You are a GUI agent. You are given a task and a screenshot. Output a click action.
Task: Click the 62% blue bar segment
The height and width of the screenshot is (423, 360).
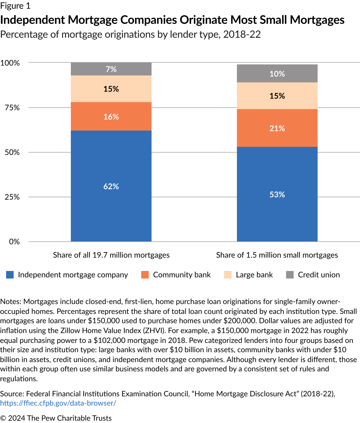111,186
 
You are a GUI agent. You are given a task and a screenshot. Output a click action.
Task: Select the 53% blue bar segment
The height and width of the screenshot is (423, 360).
277,194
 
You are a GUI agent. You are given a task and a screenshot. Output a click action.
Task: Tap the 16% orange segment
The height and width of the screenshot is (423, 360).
111,116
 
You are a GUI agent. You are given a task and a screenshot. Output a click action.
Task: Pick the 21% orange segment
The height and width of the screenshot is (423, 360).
277,128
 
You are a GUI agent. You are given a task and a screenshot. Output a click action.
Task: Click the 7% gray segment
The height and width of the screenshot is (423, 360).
111,69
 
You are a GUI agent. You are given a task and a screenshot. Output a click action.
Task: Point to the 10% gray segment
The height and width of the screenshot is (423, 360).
277,74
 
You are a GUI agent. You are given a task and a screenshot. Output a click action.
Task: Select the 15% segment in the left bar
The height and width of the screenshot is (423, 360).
111,89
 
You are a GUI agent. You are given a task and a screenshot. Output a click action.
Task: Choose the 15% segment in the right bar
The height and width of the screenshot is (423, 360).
277,96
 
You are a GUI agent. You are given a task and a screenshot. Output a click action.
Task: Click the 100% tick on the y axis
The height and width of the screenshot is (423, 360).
10,63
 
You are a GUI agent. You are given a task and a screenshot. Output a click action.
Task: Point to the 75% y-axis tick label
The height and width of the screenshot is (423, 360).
12,108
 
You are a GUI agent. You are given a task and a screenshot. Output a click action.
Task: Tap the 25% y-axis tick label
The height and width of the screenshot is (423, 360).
12,197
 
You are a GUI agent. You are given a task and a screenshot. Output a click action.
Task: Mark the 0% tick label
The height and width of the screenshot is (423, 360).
14,242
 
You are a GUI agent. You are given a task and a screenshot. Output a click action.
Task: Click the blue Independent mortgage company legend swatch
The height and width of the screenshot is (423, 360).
10,275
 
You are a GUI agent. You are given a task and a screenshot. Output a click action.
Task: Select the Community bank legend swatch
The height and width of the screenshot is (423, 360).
145,275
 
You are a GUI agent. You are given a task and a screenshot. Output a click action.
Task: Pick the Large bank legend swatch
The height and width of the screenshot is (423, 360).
228,275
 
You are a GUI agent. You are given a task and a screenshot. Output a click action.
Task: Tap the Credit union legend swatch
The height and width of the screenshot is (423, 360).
290,275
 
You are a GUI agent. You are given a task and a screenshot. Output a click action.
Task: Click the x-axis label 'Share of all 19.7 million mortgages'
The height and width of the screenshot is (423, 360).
111,255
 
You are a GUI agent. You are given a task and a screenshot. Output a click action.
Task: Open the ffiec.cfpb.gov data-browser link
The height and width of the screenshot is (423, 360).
58,403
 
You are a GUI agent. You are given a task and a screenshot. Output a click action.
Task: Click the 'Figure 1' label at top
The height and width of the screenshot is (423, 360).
15,6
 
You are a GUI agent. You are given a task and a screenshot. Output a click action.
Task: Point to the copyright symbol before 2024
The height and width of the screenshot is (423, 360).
3,418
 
